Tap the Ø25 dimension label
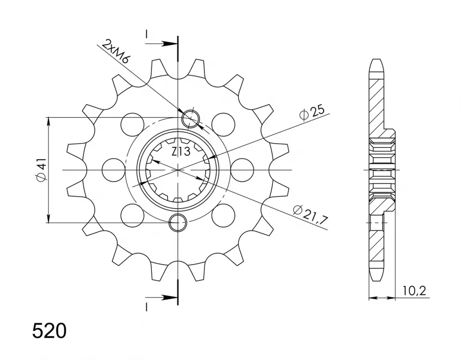tap(312, 112)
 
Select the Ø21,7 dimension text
tap(311, 216)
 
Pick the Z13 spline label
tap(181, 152)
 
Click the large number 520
tap(50, 331)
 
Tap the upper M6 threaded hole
tap(191, 119)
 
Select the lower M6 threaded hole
tap(178, 222)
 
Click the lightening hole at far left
tap(114, 170)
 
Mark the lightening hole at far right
tap(242, 170)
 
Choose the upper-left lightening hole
tap(132, 124)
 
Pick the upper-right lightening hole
tap(224, 124)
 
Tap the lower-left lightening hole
tap(132, 215)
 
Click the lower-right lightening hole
tap(224, 215)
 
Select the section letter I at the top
tap(146, 34)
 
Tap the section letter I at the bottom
tap(146, 307)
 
